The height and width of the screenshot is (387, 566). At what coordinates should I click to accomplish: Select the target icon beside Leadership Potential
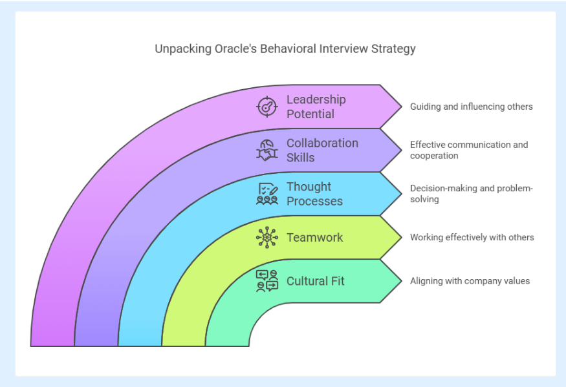[x=267, y=107]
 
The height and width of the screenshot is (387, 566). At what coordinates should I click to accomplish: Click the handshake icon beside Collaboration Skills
[x=267, y=151]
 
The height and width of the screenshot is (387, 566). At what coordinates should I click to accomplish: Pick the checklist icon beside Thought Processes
[x=267, y=194]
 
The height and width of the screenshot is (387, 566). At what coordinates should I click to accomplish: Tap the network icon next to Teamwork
[x=267, y=237]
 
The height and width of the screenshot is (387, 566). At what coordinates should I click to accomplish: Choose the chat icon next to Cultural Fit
[x=267, y=281]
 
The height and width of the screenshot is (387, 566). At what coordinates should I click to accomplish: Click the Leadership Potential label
[x=316, y=107]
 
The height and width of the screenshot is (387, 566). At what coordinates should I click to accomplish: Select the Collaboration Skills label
[x=322, y=151]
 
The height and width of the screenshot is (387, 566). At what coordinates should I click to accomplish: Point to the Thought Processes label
[x=314, y=194]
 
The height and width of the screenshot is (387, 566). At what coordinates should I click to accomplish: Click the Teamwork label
[x=315, y=237]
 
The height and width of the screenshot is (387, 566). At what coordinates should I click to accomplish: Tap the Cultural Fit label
[x=316, y=281]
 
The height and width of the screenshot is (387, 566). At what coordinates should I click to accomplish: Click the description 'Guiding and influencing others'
[x=472, y=107]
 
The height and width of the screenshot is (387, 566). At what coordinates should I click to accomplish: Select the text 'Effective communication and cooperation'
[x=469, y=151]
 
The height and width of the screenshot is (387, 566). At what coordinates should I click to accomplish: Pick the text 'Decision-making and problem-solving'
[x=472, y=194]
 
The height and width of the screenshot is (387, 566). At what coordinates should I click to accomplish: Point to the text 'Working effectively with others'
[x=472, y=237]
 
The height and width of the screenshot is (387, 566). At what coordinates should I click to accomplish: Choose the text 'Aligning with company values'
[x=470, y=281]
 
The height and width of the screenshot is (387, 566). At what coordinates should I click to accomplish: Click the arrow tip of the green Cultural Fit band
[x=402, y=281]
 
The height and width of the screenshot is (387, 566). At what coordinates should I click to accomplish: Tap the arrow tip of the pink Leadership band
[x=402, y=107]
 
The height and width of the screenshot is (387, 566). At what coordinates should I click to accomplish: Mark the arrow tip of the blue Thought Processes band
[x=402, y=194]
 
